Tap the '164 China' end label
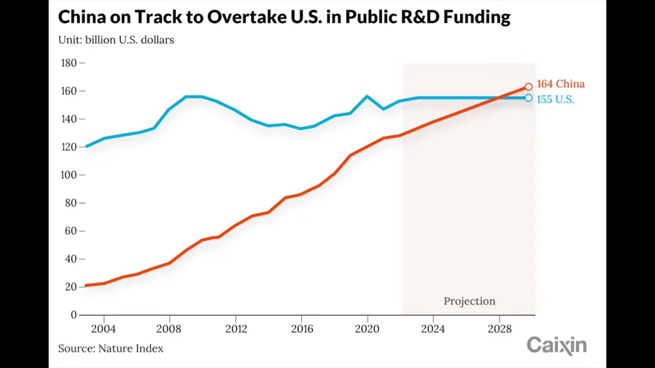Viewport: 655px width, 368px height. pos(560,84)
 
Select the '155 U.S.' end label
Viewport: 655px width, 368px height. pos(555,99)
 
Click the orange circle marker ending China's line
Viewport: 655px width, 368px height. pos(528,87)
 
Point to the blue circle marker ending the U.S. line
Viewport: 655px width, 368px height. pos(528,98)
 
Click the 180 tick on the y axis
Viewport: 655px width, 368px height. pos(69,63)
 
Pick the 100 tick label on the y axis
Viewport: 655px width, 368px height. pos(69,175)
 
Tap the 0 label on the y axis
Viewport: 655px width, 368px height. pos(74,315)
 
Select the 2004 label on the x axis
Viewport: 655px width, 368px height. pos(103,329)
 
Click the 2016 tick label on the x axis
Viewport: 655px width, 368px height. pos(302,329)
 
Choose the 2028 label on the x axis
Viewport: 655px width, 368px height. pos(499,329)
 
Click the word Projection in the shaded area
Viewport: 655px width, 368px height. pos(469,301)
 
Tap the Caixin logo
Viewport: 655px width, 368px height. pos(556,346)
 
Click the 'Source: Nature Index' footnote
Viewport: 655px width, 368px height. pos(111,349)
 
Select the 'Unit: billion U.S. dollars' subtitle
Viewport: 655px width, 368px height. pos(116,40)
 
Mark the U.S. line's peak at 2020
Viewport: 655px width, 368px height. pos(367,96)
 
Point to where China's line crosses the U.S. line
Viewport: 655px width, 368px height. pos(497,98)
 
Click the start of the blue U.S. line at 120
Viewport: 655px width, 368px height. pos(86,147)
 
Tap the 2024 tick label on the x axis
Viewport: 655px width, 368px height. pos(433,329)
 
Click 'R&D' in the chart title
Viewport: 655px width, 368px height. pos(413,17)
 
